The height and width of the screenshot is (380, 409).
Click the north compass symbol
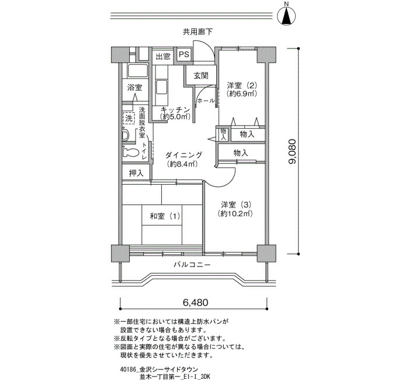click(286, 16)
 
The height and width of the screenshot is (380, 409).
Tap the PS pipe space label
click(184, 54)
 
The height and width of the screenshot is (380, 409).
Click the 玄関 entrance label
click(201, 75)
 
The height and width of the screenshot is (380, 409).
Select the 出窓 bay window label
click(163, 56)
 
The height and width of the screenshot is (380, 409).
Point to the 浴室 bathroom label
click(134, 88)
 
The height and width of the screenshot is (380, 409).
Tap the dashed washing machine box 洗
click(129, 119)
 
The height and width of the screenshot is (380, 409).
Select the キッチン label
click(175, 110)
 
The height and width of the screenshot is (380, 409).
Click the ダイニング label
click(183, 155)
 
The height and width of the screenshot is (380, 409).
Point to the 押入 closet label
click(136, 173)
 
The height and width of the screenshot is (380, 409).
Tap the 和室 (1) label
click(165, 216)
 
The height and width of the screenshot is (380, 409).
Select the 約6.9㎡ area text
click(242, 93)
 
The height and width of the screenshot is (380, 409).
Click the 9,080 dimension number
click(292, 151)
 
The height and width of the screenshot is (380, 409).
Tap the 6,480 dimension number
click(196, 302)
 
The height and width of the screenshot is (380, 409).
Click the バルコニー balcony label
click(192, 265)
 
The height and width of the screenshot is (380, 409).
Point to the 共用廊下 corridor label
click(197, 32)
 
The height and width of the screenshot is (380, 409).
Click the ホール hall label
click(206, 101)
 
